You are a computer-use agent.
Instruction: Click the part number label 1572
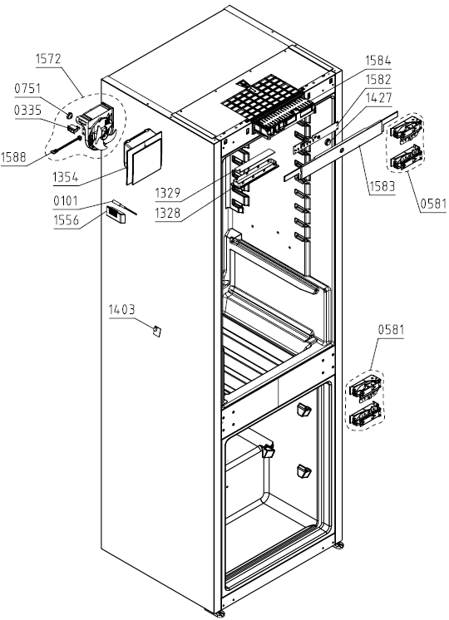[x=49, y=59]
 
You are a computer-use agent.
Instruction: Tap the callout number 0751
[x=27, y=88]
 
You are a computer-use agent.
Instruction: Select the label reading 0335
[x=27, y=110]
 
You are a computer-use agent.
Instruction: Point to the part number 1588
[x=13, y=157]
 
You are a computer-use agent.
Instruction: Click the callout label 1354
[x=66, y=177]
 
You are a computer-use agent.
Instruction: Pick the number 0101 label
[x=66, y=201]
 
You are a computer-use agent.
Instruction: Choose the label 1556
[x=66, y=220]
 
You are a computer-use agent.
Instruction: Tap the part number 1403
[x=122, y=310]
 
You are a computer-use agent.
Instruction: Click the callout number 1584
[x=377, y=61]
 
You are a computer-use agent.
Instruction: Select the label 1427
[x=378, y=98]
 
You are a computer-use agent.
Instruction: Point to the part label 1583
[x=382, y=186]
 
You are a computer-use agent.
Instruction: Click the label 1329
[x=168, y=193]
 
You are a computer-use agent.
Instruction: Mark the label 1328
[x=168, y=213]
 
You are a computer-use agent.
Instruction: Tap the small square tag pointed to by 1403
[x=156, y=331]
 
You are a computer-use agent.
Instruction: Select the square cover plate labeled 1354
[x=144, y=156]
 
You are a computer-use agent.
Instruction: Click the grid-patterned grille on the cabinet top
[x=263, y=98]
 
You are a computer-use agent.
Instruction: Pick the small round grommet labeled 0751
[x=69, y=116]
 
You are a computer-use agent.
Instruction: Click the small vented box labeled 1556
[x=116, y=214]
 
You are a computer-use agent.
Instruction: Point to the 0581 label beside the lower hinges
[x=392, y=329]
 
